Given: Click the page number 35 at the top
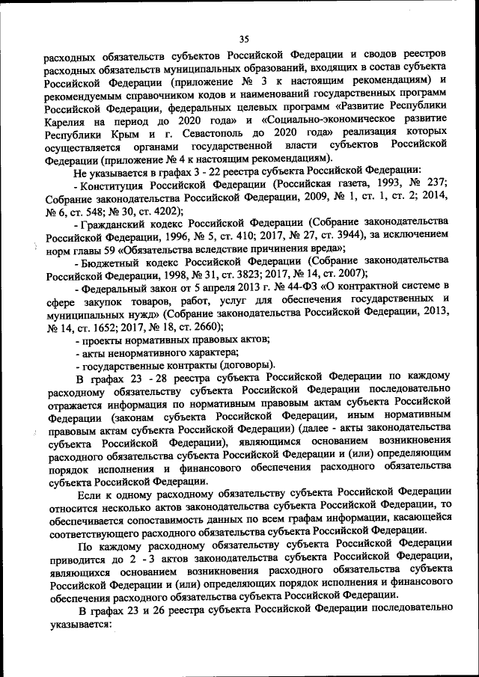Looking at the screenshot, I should [243, 40].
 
